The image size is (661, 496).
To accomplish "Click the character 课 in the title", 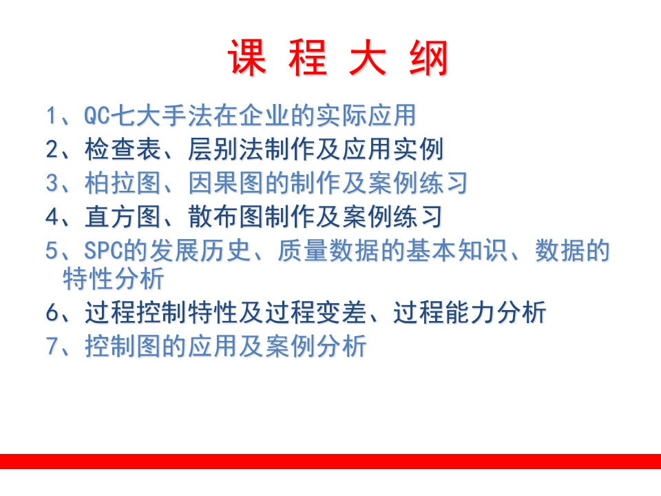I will [x=247, y=58].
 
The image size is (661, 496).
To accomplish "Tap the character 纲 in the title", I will [x=428, y=58].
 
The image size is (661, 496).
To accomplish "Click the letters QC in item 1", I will [x=95, y=116].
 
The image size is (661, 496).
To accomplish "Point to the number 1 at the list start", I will [x=52, y=116].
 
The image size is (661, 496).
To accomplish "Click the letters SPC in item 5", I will [x=102, y=251].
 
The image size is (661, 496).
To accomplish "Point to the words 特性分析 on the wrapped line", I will [x=114, y=279].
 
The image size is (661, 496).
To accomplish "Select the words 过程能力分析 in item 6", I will [x=470, y=313].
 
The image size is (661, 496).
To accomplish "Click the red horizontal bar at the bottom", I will [x=330, y=462].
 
